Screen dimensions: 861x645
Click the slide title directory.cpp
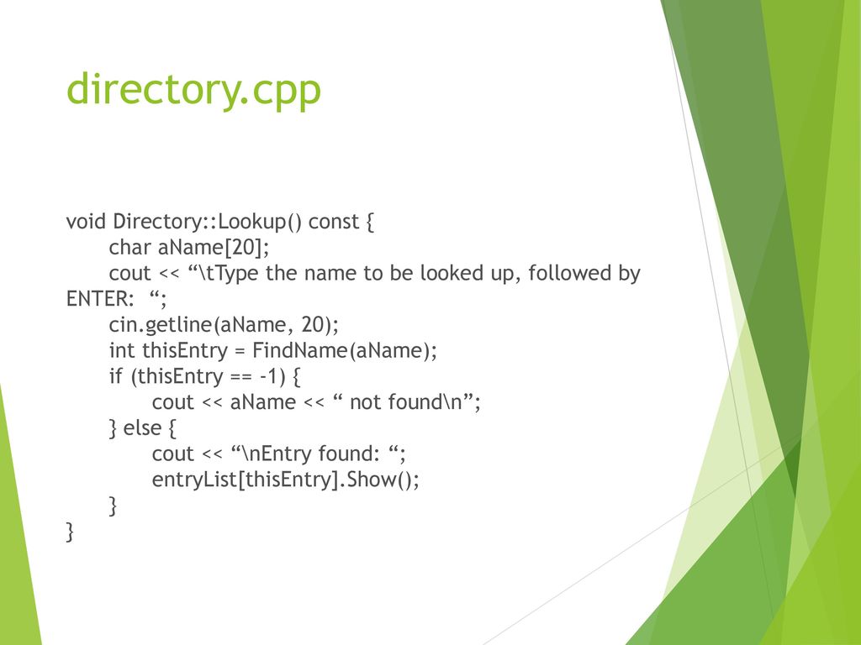193,90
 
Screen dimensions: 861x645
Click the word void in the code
86,221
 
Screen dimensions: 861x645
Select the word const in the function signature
333,222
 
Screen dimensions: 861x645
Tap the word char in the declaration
129,248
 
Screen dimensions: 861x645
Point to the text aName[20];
214,248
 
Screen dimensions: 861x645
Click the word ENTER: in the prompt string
100,299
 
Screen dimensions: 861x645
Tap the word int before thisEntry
121,350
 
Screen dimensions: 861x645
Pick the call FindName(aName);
344,350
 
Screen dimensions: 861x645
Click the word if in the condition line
115,375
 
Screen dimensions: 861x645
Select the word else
142,427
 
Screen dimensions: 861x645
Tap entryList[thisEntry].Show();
286,480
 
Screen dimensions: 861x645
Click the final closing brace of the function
70,532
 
